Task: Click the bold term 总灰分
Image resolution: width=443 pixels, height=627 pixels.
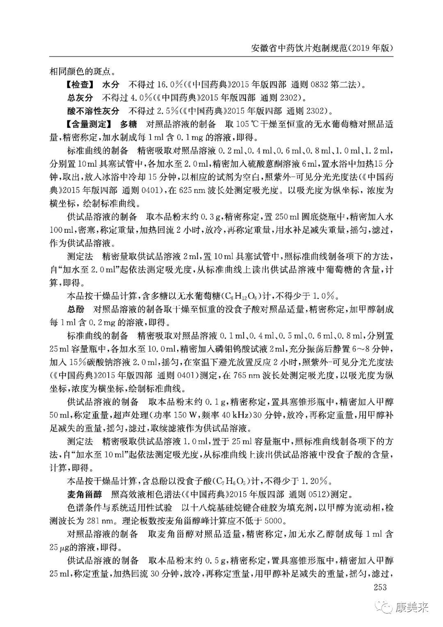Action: tap(80, 98)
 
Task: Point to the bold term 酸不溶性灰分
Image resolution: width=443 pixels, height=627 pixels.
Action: tap(94, 111)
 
